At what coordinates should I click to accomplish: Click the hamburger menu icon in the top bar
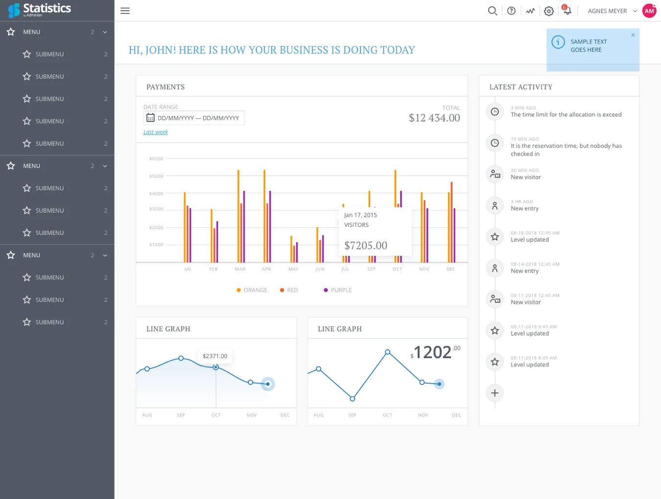(x=125, y=11)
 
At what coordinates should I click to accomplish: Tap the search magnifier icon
(x=493, y=11)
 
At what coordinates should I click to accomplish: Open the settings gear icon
(x=549, y=11)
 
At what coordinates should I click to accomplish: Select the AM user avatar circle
(x=649, y=11)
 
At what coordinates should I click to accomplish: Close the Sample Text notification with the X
(x=633, y=35)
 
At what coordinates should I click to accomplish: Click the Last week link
(x=155, y=132)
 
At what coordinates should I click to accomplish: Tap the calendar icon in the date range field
(x=150, y=117)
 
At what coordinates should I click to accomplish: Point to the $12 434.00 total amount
(x=434, y=117)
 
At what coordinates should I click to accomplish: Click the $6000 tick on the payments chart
(x=156, y=159)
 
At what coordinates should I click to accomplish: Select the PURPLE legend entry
(x=337, y=290)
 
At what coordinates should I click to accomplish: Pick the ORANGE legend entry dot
(x=238, y=290)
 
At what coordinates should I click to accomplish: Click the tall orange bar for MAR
(x=238, y=216)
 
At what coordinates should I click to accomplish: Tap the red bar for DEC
(x=451, y=222)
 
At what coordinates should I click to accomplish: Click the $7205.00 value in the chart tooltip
(x=366, y=246)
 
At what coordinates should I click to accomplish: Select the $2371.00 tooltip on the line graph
(x=215, y=356)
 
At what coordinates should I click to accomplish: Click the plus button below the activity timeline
(x=495, y=393)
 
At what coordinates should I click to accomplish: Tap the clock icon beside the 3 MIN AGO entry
(x=495, y=112)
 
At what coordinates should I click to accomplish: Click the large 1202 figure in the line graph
(x=432, y=352)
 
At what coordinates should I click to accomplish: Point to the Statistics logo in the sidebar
(x=40, y=10)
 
